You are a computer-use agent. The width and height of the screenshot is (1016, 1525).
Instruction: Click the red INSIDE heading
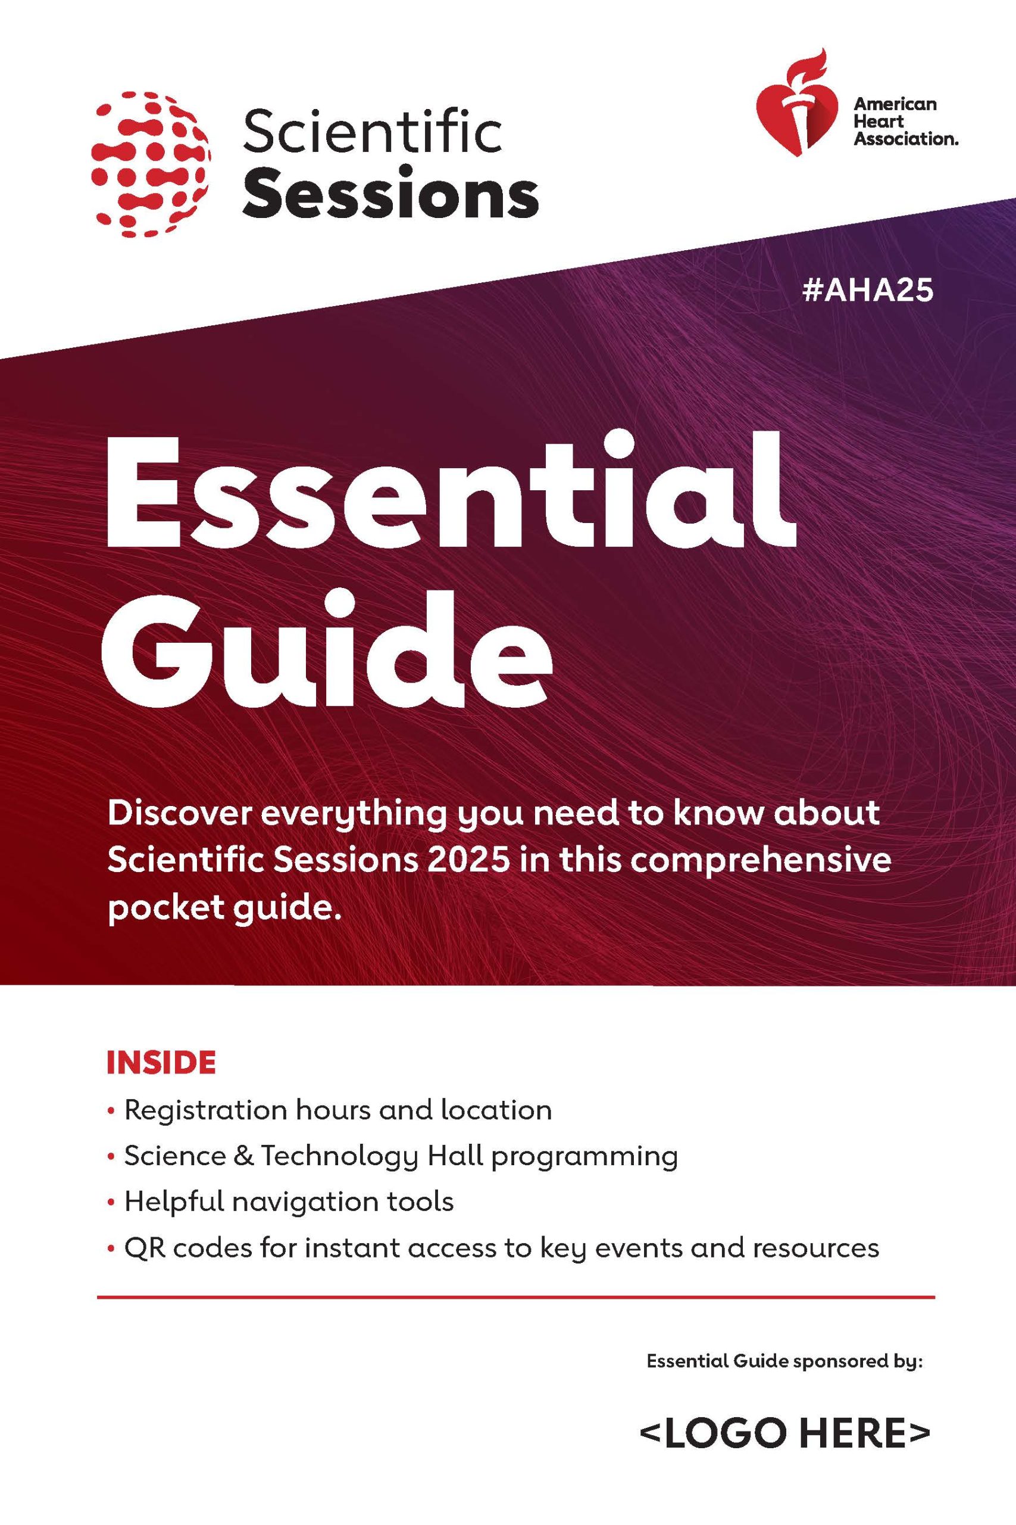point(161,1063)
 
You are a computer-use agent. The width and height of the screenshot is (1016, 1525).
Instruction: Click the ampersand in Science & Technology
point(243,1156)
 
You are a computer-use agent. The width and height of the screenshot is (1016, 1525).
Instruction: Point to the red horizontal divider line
point(516,1297)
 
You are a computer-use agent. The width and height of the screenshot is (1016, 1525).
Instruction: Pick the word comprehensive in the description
point(758,861)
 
